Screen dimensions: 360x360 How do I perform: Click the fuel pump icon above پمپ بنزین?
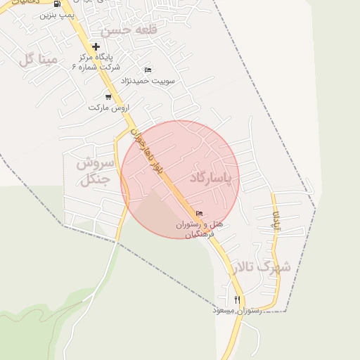[57, 4]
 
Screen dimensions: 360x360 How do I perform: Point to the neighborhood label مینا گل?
[38, 60]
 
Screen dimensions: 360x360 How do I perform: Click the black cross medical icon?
[96, 47]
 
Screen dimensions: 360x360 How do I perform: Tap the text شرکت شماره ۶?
[96, 66]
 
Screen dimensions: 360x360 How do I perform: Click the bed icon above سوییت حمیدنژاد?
[148, 70]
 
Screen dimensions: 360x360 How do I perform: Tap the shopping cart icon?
[108, 97]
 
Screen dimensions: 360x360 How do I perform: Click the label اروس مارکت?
[110, 108]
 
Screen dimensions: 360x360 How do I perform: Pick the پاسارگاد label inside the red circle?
[210, 179]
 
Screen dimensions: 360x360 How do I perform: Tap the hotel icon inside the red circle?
[199, 214]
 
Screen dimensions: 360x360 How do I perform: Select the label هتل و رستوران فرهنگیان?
[199, 229]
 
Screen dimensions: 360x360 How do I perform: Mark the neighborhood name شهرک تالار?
[263, 267]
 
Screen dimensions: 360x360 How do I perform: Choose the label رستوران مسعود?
[237, 310]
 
